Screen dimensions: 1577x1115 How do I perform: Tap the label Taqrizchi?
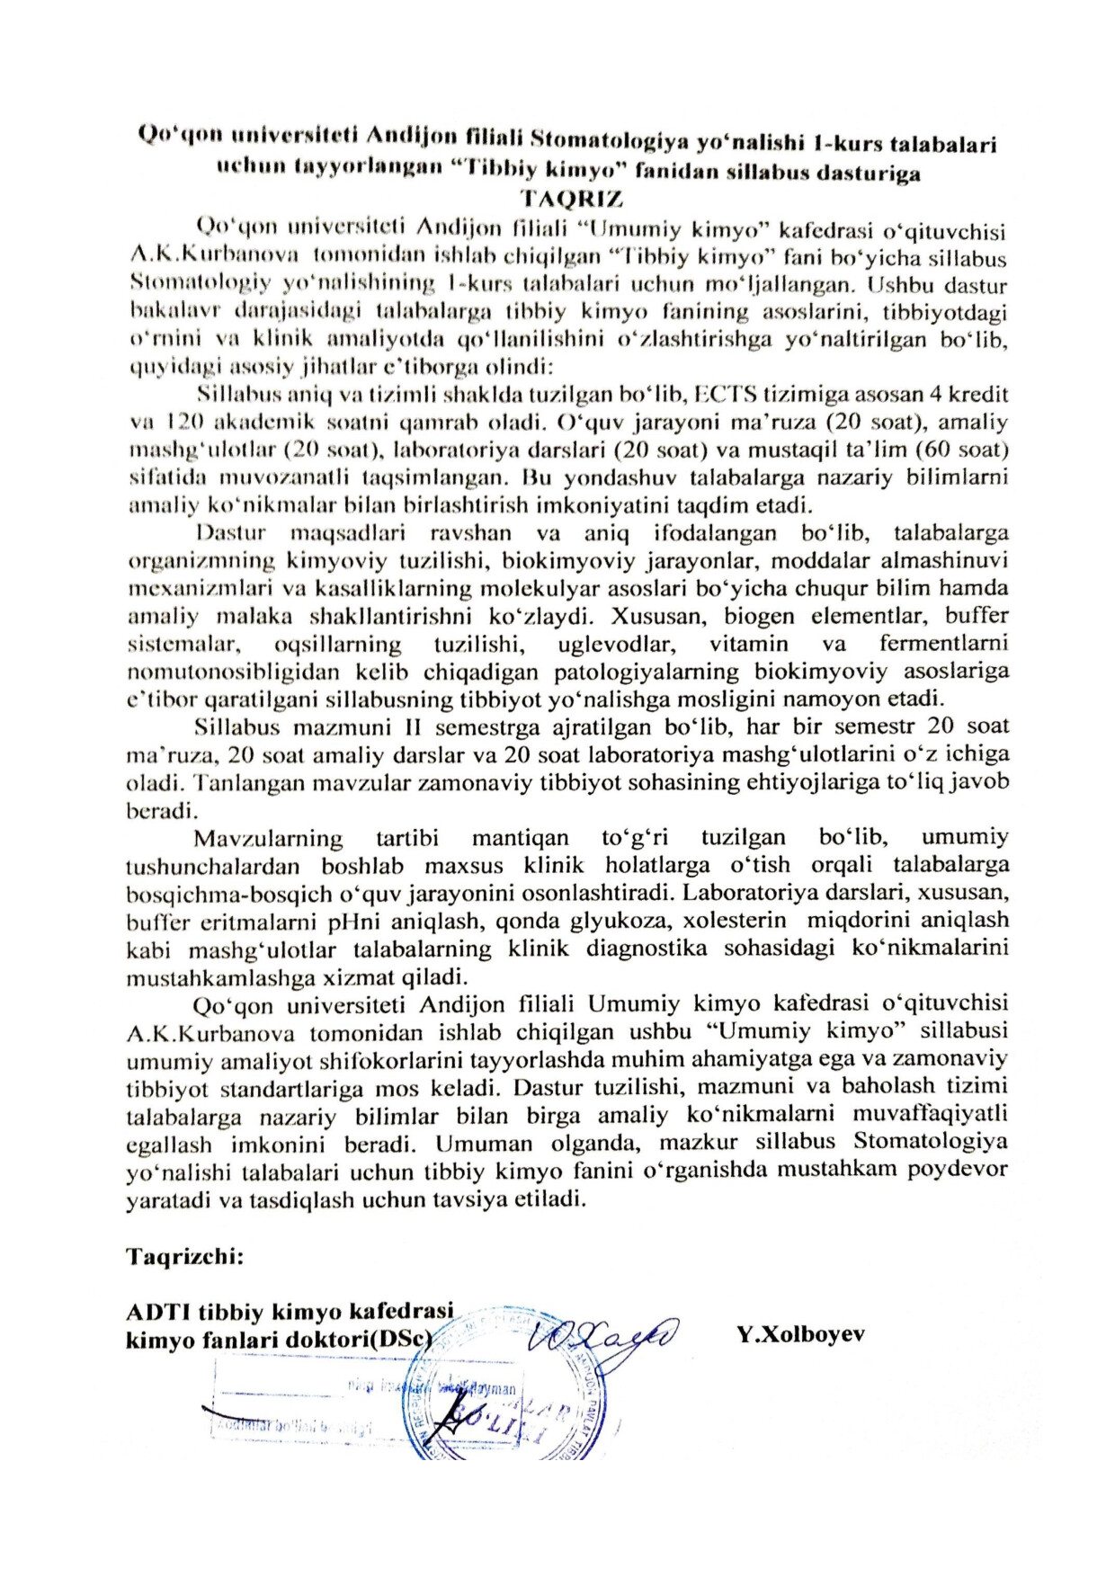pos(185,1256)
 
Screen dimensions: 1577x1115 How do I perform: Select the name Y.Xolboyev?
pos(800,1334)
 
